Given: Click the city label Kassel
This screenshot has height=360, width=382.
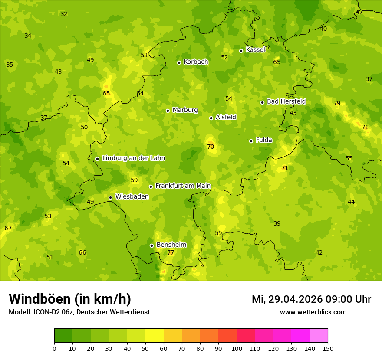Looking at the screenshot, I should (x=255, y=50).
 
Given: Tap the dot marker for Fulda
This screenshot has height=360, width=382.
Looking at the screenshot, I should (x=251, y=141).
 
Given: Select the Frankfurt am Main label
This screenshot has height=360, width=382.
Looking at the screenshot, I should (x=183, y=186).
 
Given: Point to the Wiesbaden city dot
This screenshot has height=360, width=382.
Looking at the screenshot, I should (x=110, y=197).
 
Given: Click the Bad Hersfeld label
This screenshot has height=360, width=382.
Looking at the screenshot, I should (x=286, y=101).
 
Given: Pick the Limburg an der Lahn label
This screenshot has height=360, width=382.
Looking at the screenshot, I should (x=133, y=158).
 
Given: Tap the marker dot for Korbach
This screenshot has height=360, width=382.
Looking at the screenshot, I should (x=179, y=62).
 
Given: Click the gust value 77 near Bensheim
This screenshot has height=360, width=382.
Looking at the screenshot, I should (x=171, y=252).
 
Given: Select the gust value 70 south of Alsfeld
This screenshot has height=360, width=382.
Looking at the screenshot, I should (x=211, y=147).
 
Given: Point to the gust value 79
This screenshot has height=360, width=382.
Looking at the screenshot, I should (x=337, y=103).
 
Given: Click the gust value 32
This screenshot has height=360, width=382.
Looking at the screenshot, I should (x=64, y=14).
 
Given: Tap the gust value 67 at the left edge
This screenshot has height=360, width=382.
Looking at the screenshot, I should (x=8, y=228).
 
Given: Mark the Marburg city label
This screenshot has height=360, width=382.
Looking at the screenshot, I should (x=185, y=110).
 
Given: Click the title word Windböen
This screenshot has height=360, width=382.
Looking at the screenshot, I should (x=40, y=299).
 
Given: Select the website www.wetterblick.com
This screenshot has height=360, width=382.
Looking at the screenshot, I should (x=313, y=312).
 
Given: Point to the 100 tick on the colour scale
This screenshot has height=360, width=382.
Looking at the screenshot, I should (x=237, y=348).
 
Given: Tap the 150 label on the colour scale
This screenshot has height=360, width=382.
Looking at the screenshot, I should (x=328, y=348).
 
